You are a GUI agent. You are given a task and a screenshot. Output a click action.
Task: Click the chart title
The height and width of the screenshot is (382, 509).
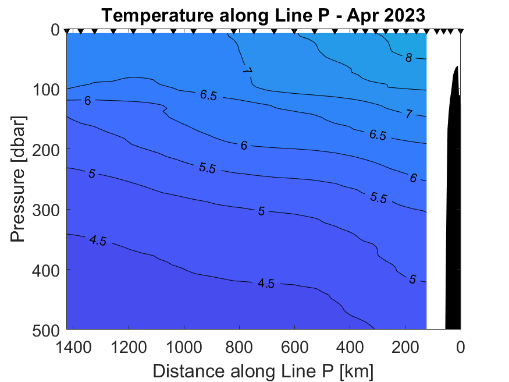(264, 16)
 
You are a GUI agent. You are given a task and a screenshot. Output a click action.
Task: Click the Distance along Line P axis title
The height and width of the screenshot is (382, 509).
(263, 370)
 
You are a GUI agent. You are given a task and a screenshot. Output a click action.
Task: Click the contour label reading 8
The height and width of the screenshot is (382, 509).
(409, 58)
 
